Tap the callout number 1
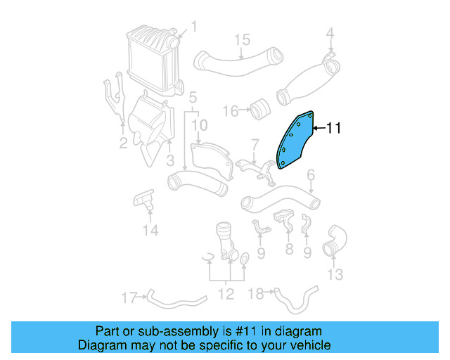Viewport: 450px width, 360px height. point(193,27)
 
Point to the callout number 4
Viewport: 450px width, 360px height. point(330,32)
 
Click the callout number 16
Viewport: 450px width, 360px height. point(231,110)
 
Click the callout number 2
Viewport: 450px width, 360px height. point(123,144)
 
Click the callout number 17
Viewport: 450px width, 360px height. point(129,297)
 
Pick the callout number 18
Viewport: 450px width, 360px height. point(257,292)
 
